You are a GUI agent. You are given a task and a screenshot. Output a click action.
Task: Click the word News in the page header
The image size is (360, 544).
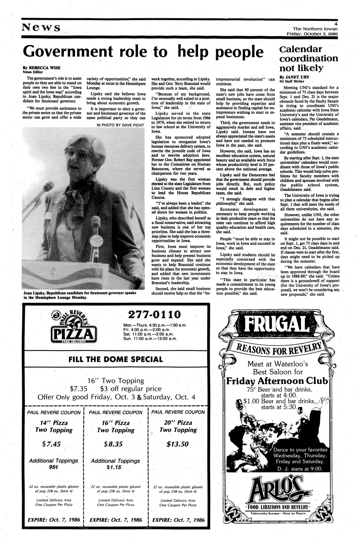click(x=41, y=27)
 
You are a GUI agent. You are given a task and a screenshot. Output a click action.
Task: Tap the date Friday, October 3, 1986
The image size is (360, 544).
click(x=312, y=33)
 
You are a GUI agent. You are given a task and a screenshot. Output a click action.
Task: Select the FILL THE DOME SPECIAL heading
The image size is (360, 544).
click(x=116, y=359)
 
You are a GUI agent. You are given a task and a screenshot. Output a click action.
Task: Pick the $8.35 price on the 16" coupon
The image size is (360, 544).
click(x=115, y=444)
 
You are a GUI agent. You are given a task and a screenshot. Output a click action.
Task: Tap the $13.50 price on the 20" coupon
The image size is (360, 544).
click(x=178, y=444)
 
